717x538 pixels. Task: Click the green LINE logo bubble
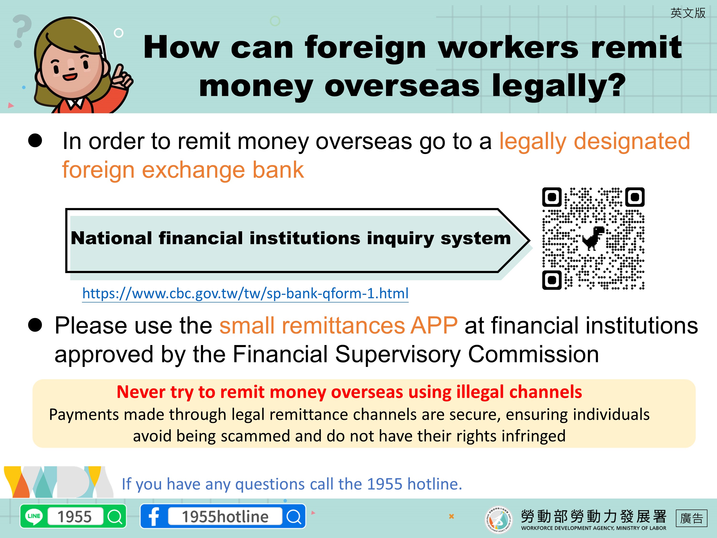click(34, 516)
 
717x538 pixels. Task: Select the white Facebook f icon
click(154, 516)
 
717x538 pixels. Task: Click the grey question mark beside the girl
click(22, 31)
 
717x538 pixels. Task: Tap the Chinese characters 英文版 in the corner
click(688, 13)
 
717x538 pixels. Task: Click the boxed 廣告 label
click(691, 518)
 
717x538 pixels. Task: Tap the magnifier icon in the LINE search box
click(115, 516)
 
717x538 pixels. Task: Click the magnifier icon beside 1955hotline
click(294, 516)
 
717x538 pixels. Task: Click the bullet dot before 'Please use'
click(35, 325)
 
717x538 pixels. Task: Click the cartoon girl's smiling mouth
click(70, 77)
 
